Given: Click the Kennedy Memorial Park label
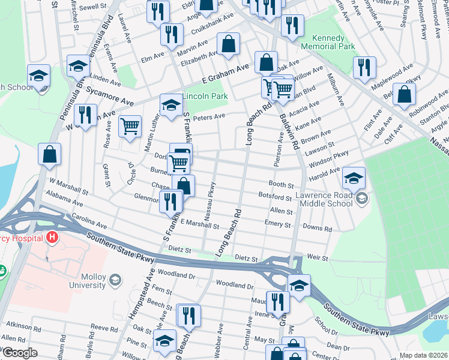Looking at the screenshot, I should (329, 41).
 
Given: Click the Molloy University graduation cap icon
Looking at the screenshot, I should (115, 280).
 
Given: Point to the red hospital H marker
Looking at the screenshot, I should (53, 237).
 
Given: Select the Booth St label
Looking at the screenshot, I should (281, 185).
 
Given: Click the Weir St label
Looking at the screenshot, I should (318, 258).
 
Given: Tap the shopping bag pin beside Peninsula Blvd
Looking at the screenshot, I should (49, 154).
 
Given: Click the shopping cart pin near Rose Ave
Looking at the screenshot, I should (130, 126).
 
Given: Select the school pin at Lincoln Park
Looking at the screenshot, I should (171, 105).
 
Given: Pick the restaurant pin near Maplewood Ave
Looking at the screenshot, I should (364, 67).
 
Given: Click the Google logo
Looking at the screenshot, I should (20, 353).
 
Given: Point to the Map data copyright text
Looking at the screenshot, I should (423, 355).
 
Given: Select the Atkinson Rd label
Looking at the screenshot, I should (19, 326).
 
